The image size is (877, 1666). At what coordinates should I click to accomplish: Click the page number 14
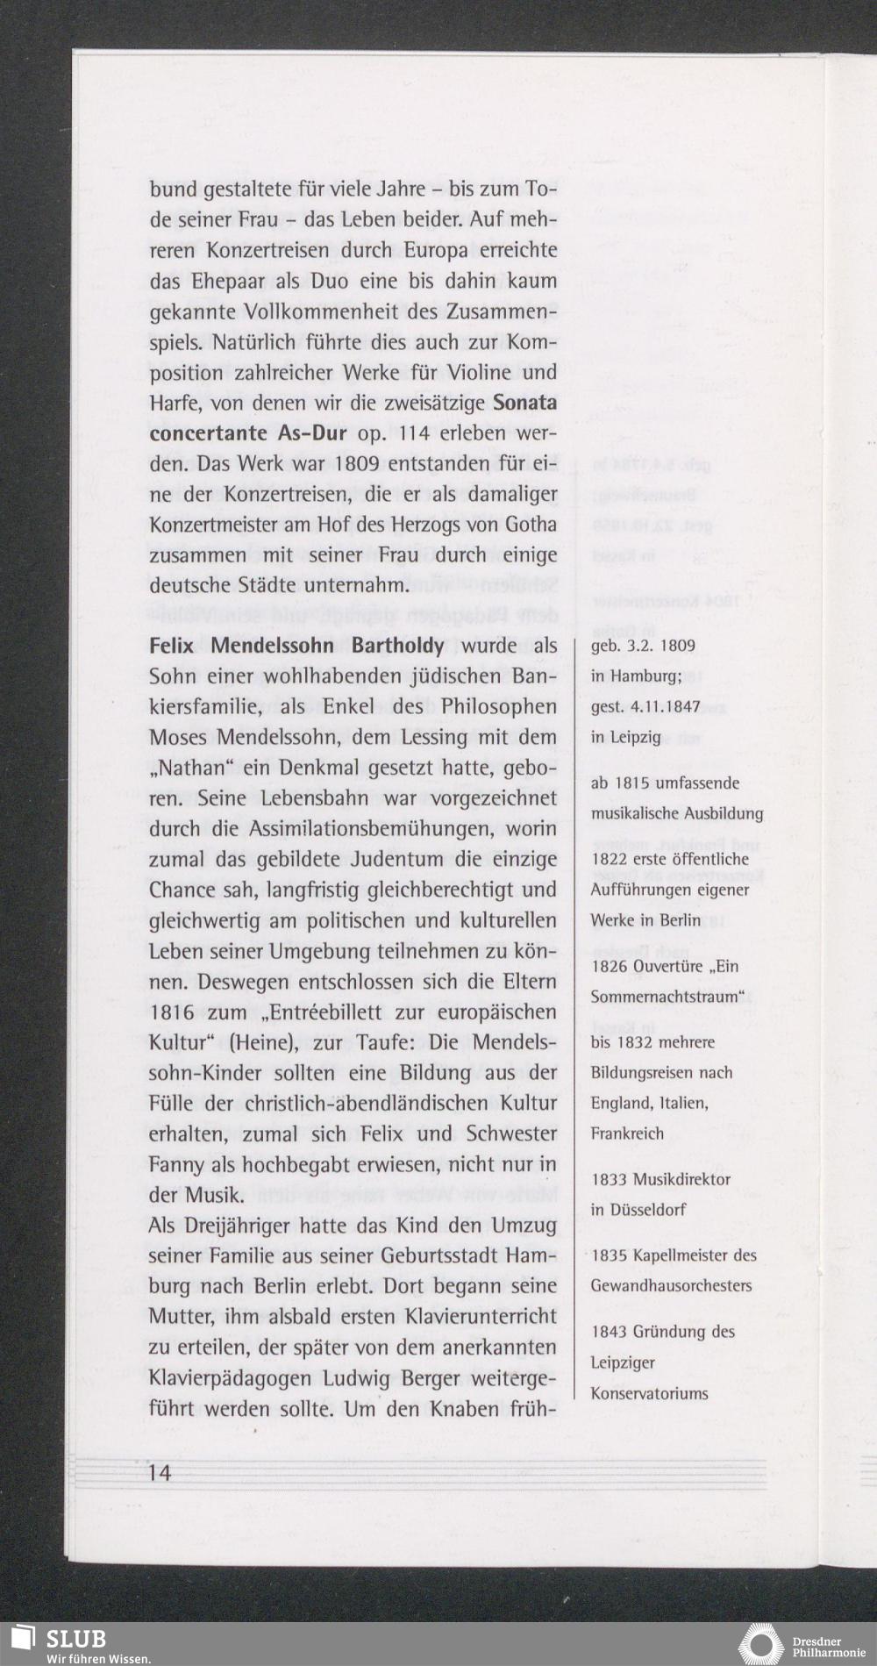[x=160, y=1472]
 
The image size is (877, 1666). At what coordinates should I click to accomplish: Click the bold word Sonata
[x=525, y=404]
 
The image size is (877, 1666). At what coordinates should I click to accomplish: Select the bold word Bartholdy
[x=397, y=647]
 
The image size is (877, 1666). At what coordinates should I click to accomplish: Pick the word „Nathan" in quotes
[x=195, y=769]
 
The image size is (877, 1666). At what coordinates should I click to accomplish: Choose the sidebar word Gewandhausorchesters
[x=671, y=1286]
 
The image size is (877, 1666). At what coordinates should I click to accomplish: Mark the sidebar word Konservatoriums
[x=649, y=1393]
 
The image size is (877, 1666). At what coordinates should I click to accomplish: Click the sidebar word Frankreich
[x=627, y=1133]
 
